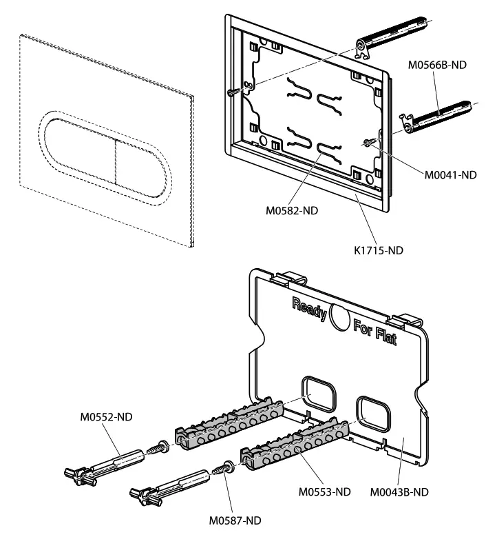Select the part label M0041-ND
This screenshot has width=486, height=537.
(449, 175)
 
